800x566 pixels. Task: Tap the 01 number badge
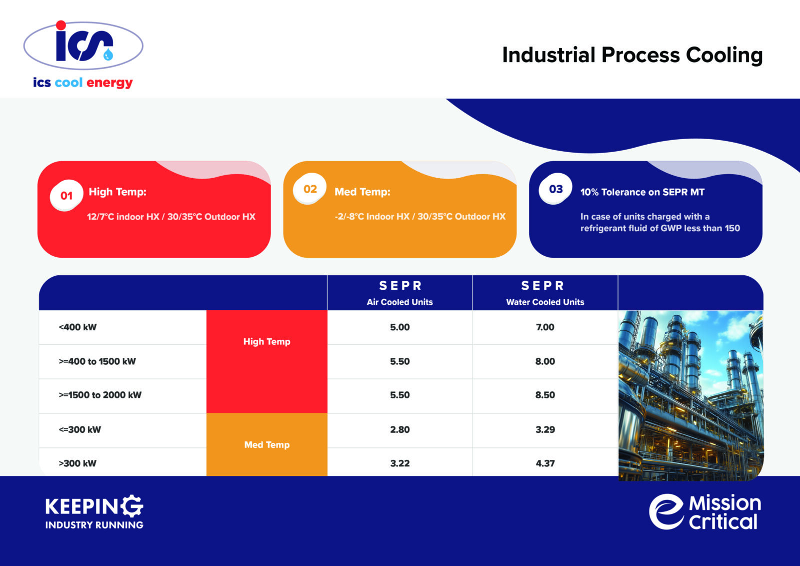point(66,196)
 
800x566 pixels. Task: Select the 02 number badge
point(310,189)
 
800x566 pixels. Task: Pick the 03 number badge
point(555,189)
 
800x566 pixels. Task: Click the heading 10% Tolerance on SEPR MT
point(642,192)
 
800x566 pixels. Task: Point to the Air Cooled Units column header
point(399,302)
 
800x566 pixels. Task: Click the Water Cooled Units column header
point(545,302)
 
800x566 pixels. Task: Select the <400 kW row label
point(77,327)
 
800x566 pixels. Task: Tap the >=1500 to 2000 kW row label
point(100,395)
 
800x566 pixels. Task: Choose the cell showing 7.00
point(545,327)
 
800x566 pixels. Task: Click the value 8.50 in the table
point(545,395)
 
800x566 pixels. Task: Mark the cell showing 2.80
point(399,429)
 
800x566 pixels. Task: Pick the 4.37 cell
point(545,463)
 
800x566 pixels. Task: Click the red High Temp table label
point(266,342)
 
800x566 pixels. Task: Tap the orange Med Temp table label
point(266,445)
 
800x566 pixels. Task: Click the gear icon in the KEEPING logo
point(132,506)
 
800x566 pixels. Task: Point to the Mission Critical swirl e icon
point(666,511)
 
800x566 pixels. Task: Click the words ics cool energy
point(83,83)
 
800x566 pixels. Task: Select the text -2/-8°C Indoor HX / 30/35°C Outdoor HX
point(420,217)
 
